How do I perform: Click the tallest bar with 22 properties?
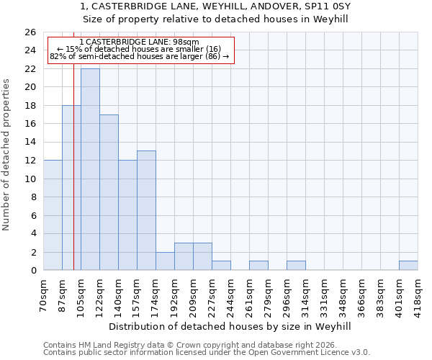[90, 169]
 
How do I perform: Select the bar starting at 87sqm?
[71, 187]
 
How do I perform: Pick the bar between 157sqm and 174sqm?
[146, 210]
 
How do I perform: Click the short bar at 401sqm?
[408, 265]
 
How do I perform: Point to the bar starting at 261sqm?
[258, 265]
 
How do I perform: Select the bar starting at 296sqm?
[296, 265]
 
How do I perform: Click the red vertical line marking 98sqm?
[73, 216]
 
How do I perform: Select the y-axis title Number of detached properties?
[6, 166]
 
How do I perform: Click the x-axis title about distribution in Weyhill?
[230, 326]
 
